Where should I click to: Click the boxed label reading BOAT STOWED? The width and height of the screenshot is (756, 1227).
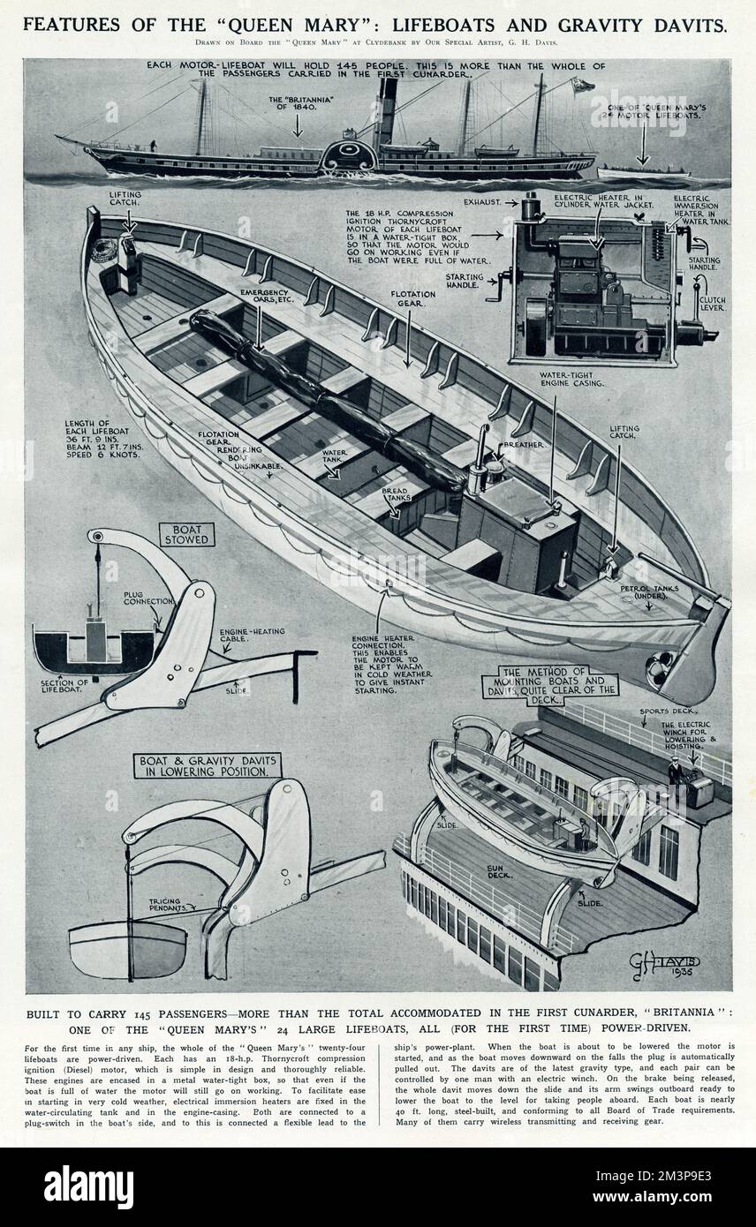(186, 534)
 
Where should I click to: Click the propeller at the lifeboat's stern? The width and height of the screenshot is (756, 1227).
(659, 669)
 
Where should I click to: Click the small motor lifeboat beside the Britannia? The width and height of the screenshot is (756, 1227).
(642, 171)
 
